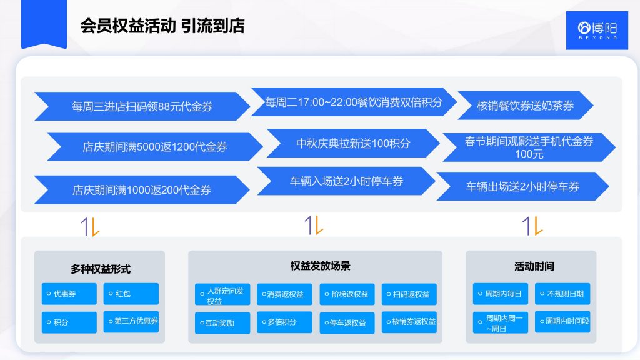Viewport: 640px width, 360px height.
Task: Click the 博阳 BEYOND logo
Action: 597,29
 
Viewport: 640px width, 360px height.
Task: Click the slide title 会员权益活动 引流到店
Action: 162,26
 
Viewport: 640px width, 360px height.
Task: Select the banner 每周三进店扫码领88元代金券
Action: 142,106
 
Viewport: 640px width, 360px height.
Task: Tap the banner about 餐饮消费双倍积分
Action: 354,102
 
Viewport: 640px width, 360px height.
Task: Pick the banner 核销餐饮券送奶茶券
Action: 525,106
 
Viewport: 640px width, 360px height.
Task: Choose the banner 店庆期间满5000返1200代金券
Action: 155,147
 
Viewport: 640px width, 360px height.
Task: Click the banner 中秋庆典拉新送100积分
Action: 353,143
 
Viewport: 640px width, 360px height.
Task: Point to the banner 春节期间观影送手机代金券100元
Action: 529,147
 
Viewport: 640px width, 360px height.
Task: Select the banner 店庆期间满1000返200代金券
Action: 142,190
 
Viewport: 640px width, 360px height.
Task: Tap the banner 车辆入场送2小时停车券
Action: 346,181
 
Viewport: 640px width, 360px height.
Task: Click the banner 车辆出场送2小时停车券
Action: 522,186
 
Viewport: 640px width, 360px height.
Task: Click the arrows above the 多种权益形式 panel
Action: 90,226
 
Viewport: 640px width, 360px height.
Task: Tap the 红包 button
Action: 131,294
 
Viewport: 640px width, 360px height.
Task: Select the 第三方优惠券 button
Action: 131,322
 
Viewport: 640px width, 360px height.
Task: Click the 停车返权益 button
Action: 347,322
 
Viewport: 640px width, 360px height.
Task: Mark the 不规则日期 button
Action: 562,294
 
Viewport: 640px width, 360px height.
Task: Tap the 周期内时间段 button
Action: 562,322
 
